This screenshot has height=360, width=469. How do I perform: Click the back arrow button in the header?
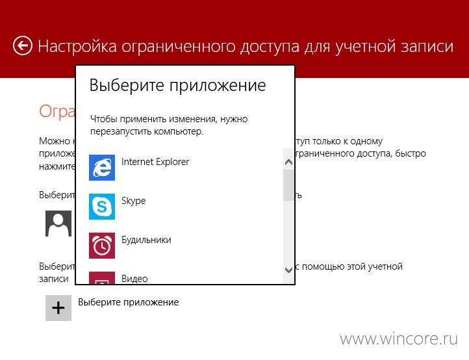pos(23,45)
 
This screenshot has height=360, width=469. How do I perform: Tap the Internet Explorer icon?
pos(102,168)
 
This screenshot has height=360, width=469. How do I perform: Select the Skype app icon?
pos(102,207)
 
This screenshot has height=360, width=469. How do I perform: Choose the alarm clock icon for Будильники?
pos(102,246)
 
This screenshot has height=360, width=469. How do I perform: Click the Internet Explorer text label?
pos(155,162)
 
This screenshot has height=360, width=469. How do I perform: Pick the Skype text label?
pos(133,201)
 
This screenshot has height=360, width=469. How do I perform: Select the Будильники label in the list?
pos(146,240)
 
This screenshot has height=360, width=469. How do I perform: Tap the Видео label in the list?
pos(134,279)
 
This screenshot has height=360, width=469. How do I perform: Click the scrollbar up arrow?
pos(288,162)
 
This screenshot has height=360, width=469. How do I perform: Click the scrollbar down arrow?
pos(288,270)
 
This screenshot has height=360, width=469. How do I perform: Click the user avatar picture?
pos(58,224)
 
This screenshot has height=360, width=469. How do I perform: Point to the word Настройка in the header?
pos(77,46)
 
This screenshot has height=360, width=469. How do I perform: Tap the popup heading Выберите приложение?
pos(178,85)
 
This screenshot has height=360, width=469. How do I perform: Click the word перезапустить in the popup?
pos(121,132)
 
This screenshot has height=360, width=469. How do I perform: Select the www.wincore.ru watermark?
pos(399,339)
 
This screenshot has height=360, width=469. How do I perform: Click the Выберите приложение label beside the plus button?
pos(129,302)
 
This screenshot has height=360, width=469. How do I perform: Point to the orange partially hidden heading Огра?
pos(57,111)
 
